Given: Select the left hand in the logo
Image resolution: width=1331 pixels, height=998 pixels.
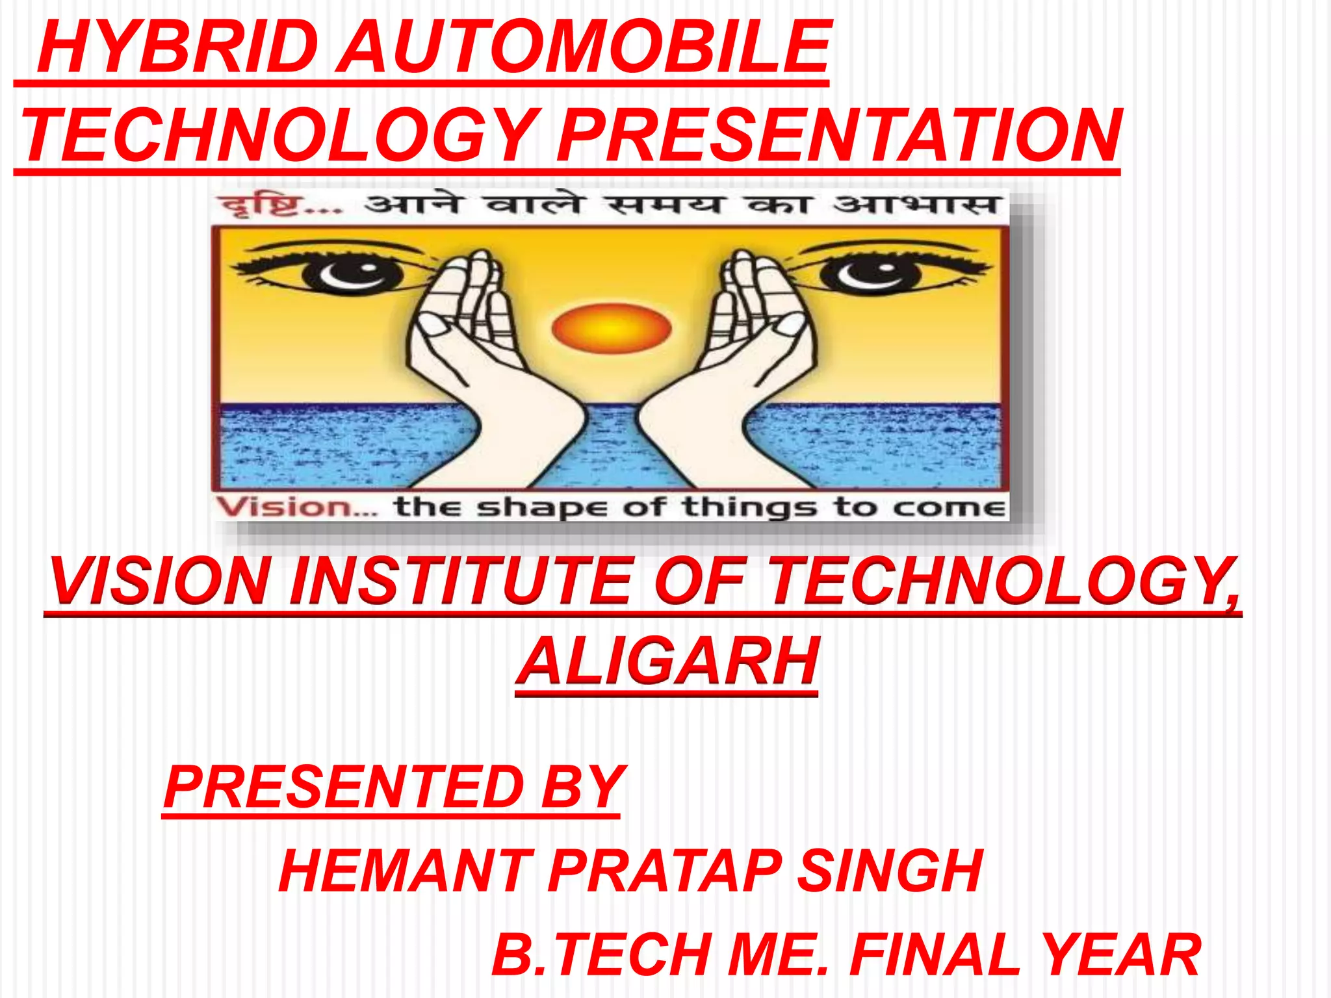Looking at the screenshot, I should click(481, 364).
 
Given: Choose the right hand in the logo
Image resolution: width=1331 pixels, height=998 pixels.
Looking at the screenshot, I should click(741, 364).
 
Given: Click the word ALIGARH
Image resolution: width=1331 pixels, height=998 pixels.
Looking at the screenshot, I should click(667, 661).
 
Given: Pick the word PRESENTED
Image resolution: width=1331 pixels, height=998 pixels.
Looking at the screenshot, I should click(344, 787).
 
